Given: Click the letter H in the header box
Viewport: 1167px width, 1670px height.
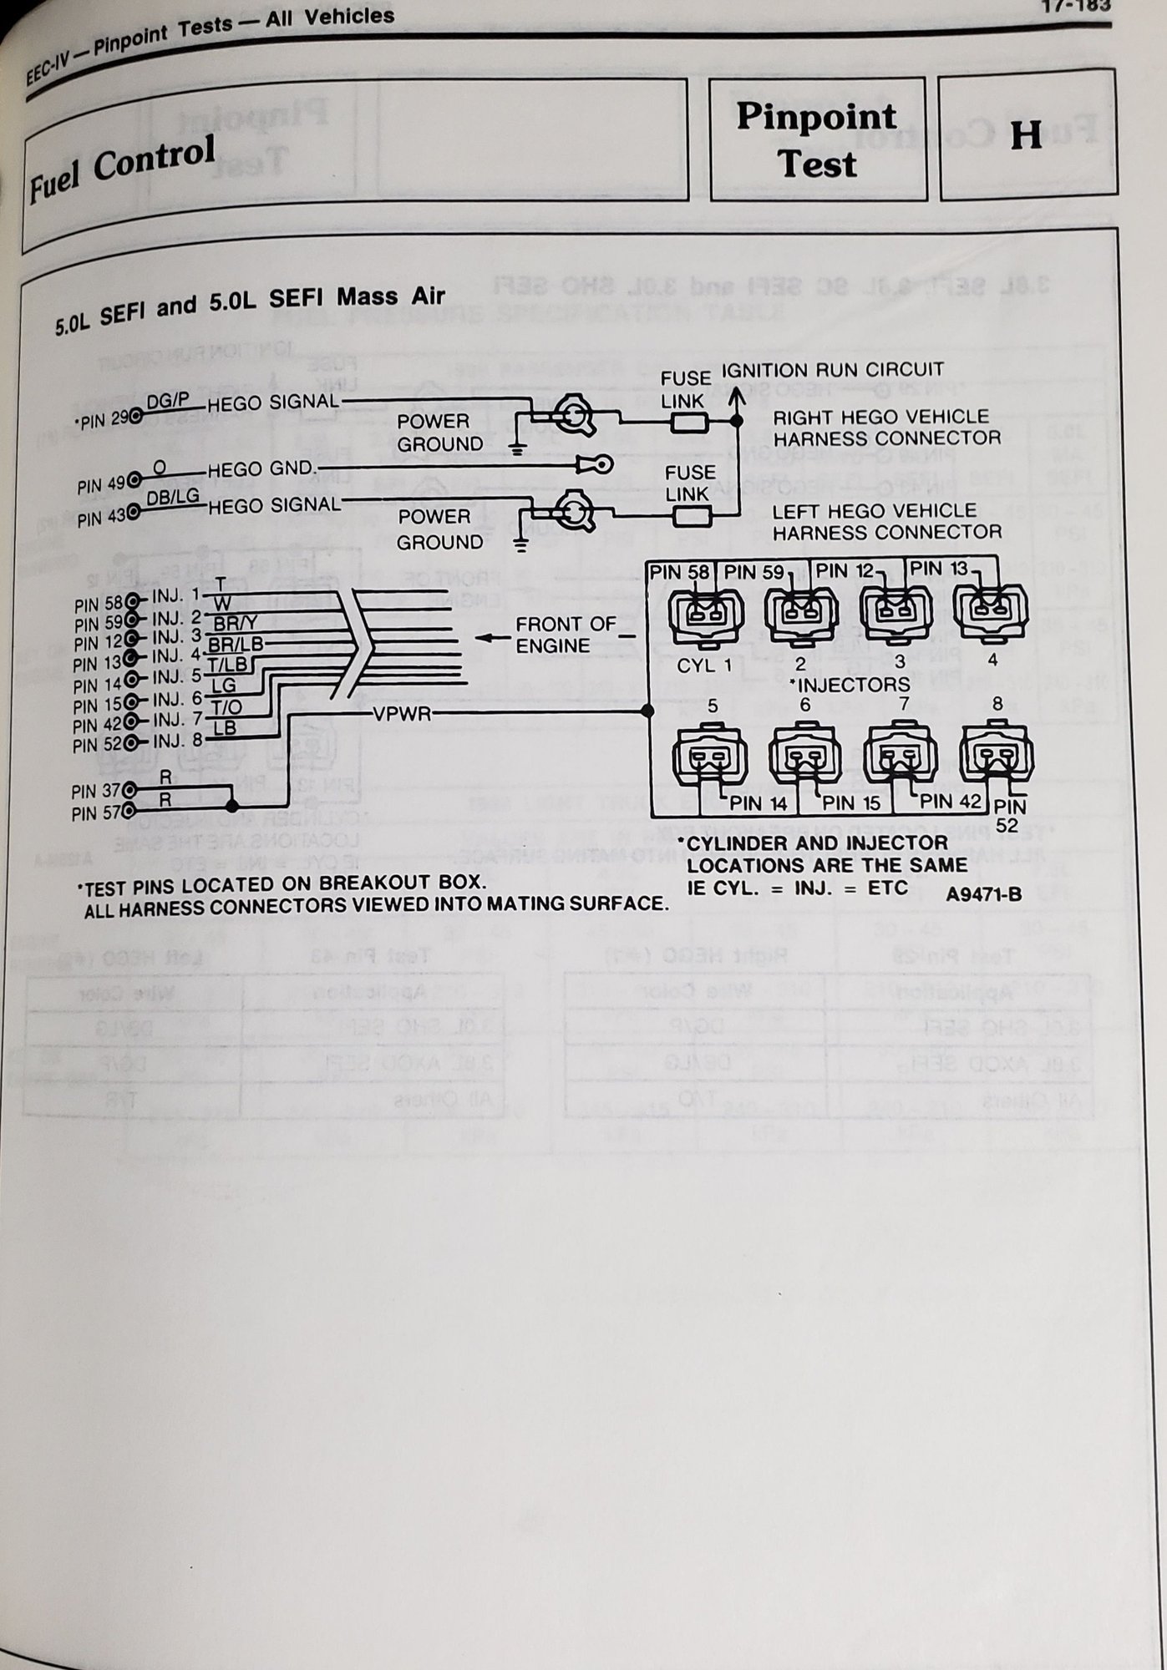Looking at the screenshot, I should coord(1026,135).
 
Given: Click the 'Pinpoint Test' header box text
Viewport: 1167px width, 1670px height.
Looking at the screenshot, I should coord(816,140).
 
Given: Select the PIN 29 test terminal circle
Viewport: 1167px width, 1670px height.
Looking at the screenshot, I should coord(134,416).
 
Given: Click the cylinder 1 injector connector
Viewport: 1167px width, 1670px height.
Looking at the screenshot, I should coord(706,617).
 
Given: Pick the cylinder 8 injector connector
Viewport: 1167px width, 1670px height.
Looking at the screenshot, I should coord(997,755).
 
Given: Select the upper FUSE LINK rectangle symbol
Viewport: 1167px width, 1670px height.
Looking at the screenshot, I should coord(690,423).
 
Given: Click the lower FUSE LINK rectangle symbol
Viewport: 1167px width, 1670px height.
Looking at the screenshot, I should coord(693,517).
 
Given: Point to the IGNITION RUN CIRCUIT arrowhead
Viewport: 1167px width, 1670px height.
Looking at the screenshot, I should coord(736,396).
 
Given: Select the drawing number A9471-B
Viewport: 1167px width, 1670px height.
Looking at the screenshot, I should coord(983,894).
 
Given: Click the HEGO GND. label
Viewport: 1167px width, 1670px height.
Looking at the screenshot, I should coord(262,469).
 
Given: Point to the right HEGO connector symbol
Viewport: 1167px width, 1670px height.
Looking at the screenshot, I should coord(575,415).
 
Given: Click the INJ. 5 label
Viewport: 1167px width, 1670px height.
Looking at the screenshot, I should coord(176,676).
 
